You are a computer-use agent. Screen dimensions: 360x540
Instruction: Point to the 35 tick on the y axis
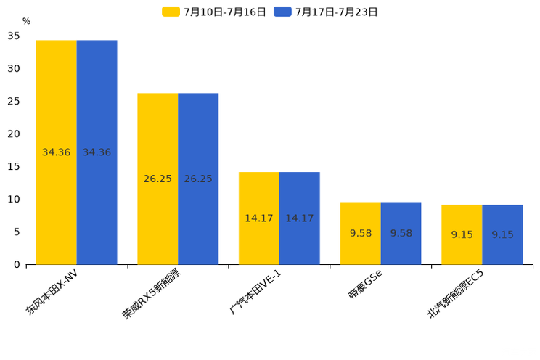[14, 36]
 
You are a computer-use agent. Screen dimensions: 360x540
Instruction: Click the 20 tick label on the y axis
[14, 134]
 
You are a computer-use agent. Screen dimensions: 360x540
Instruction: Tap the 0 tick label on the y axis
[17, 264]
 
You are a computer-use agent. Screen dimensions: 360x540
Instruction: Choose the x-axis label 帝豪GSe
[365, 284]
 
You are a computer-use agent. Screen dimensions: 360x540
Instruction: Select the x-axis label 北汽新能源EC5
[455, 294]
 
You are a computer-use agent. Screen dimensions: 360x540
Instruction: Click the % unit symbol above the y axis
[26, 21]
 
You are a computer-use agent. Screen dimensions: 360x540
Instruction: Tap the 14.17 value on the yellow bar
[259, 218]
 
